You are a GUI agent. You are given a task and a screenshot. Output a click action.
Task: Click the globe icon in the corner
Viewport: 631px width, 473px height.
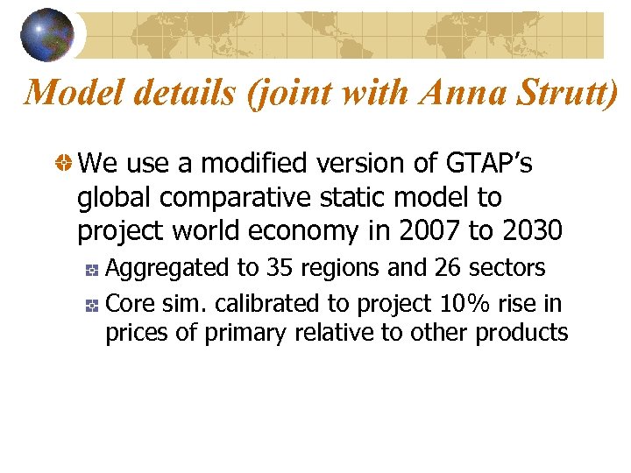[x=46, y=34]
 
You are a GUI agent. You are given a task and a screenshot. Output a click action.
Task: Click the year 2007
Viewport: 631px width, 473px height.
[x=425, y=230]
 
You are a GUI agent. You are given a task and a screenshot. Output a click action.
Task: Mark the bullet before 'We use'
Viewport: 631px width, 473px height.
[x=64, y=164]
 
